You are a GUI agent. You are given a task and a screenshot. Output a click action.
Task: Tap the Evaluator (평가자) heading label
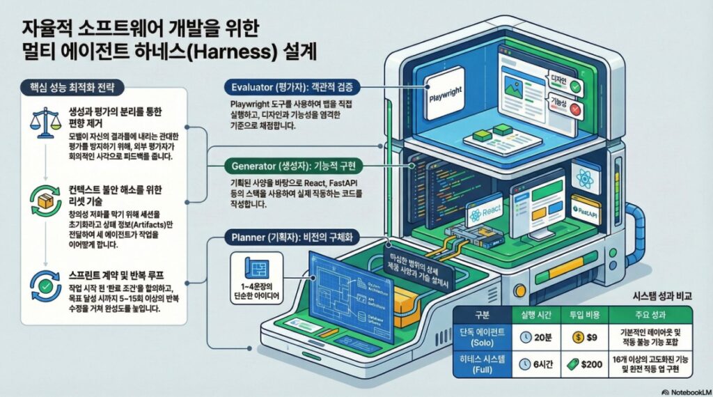(292, 87)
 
